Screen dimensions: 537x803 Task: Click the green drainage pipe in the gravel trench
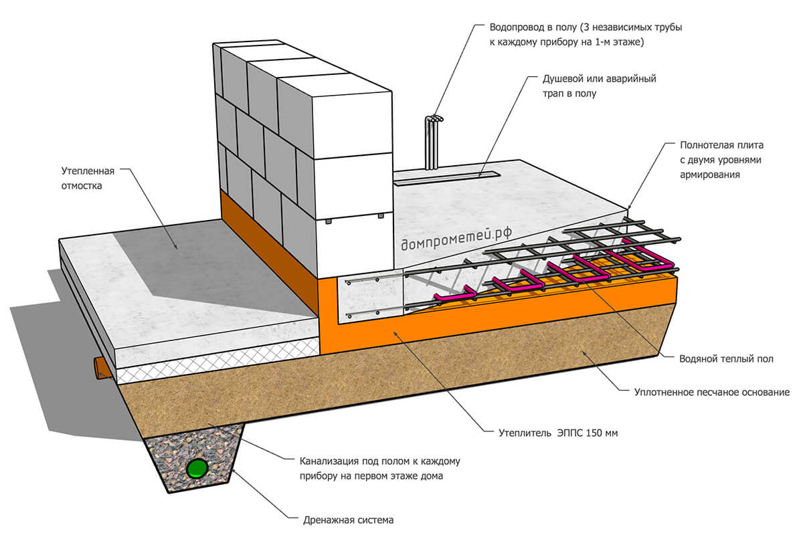[197, 467]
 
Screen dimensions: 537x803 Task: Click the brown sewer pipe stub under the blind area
[101, 367]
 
